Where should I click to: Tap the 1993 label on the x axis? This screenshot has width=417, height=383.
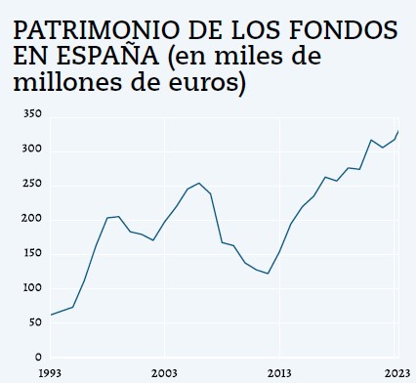[x=50, y=373]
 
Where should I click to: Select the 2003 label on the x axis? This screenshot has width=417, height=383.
[x=164, y=373]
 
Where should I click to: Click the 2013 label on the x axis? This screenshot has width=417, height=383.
[x=279, y=373]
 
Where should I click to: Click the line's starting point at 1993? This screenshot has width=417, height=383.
[x=50, y=315]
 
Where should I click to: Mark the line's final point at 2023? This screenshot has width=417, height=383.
[x=397, y=131]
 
